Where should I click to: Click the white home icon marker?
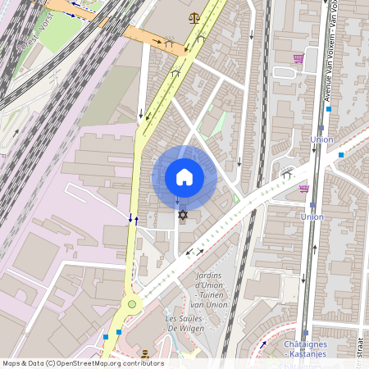point(184,177)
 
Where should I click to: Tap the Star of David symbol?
point(183,215)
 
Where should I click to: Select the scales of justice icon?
point(194,17)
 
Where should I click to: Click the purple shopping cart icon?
point(298,58)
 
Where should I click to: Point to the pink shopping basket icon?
point(304,188)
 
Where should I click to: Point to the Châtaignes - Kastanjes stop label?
point(305,348)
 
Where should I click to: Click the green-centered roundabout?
point(131,304)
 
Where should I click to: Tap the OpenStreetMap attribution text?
point(83,363)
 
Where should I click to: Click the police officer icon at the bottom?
point(145,354)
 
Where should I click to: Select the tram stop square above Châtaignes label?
point(305,334)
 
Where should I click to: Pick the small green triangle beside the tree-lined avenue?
point(236,198)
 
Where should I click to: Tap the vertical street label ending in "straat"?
point(361,344)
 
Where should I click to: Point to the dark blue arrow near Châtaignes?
point(263,344)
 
